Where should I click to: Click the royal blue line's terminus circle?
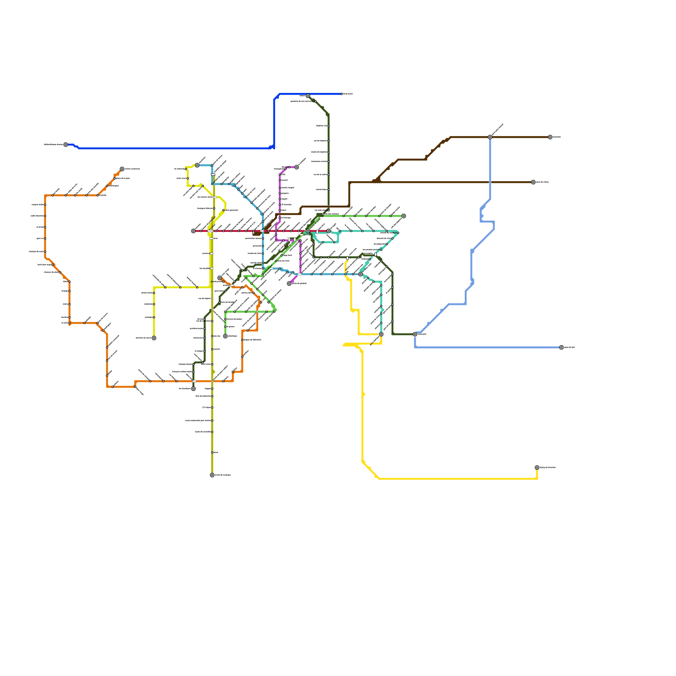coord(65,144)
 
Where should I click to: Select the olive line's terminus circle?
coord(212,475)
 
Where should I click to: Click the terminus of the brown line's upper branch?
coord(550,137)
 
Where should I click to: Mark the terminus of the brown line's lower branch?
coord(533,182)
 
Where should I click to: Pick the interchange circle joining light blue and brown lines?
coord(490,137)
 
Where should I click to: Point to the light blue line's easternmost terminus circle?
coord(562,347)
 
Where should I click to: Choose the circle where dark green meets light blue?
coord(415,334)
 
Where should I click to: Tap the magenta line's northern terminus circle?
coord(297,167)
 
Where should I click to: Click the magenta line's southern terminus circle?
coord(289,283)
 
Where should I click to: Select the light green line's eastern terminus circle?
coord(404,216)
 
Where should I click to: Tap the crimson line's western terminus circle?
coord(194,231)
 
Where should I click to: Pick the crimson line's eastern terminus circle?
coord(329,231)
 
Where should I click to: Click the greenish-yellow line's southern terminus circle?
coord(154,338)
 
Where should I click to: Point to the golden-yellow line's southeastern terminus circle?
coord(537,468)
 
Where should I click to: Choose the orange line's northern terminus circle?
coord(122,169)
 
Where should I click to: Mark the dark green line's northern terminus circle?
coord(308,96)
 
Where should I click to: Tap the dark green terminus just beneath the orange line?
coord(194,389)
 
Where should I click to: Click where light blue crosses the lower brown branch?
coord(490,182)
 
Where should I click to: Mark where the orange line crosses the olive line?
coord(212,381)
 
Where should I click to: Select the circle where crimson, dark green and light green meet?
coord(308,231)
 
